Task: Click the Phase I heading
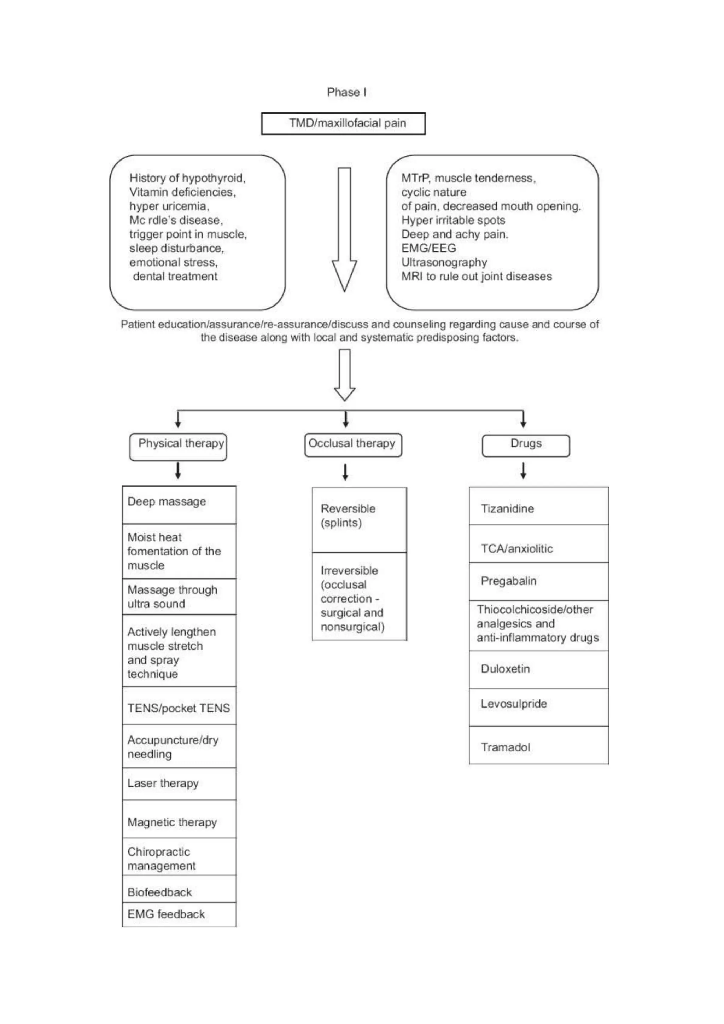[346, 92]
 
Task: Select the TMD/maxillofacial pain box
[343, 123]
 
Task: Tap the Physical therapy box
[178, 447]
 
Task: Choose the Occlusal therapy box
[353, 445]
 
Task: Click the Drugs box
[526, 445]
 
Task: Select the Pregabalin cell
[538, 581]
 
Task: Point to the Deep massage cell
[179, 505]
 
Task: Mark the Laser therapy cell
[179, 784]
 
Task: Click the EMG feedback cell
[179, 914]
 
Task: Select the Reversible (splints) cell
[359, 519]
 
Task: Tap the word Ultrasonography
[444, 262]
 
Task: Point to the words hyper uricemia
[169, 206]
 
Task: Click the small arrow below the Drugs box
[524, 471]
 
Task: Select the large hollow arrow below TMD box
[344, 230]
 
